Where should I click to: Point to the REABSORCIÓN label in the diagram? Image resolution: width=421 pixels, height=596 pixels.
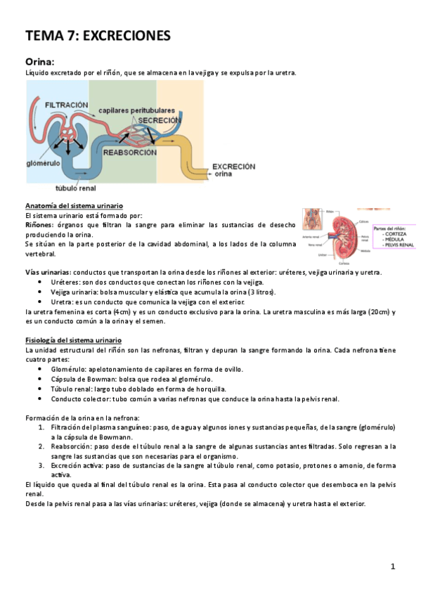click(x=130, y=151)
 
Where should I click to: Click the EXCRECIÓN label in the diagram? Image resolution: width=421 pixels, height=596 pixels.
click(x=233, y=166)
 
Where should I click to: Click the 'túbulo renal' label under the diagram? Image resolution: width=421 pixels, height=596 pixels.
click(x=77, y=188)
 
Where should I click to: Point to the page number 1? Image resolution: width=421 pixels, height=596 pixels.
click(x=394, y=566)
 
